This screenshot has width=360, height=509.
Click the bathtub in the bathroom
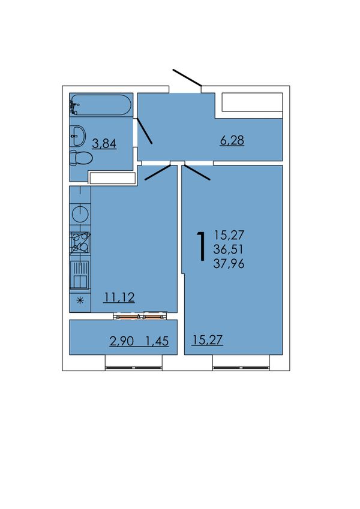pos(101,104)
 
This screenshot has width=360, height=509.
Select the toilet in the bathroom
pos(81,158)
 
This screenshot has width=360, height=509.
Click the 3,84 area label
pos(104,143)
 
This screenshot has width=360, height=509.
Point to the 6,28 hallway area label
pos(232,140)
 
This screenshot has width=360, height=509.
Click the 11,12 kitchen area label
pos(119,297)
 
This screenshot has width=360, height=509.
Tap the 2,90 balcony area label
pos(122,341)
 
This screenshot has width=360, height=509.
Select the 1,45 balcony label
pos(157,341)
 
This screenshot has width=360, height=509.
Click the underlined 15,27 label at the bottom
pos(207,340)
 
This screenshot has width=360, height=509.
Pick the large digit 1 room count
pos(202,246)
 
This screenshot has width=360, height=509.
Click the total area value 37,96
pos(229,263)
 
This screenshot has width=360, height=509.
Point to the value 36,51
pos(229,249)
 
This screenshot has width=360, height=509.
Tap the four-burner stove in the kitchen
pos(80,243)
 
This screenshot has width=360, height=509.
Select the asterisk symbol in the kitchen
pos(80,300)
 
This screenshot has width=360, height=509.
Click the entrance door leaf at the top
pos(187,78)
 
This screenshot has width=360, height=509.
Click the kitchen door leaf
pos(158,173)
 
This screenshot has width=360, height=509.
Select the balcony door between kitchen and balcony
pos(140,316)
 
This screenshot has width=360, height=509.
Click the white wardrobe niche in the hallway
pos(252,102)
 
